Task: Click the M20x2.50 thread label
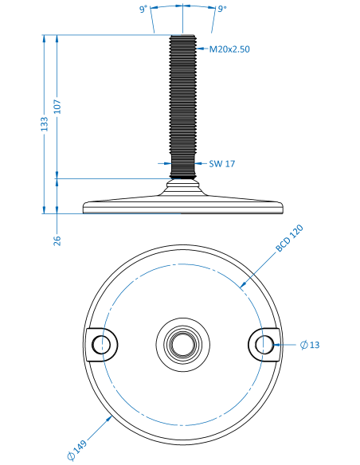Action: coord(229,49)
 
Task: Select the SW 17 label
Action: coord(221,164)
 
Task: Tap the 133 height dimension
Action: coord(44,124)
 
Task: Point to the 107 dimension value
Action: coord(57,107)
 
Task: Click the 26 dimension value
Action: coord(57,240)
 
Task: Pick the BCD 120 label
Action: coord(289,238)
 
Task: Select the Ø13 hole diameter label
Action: coord(310,345)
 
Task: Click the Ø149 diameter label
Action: coord(76,450)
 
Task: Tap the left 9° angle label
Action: coord(143,10)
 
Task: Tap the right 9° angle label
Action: coord(222,9)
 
